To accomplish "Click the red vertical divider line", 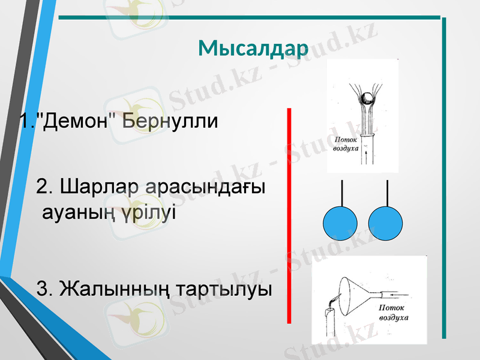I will [x=289, y=216].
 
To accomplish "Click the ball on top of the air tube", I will [x=368, y=98].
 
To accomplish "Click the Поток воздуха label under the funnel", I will [x=393, y=312].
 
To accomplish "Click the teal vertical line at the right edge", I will [x=444, y=180].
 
